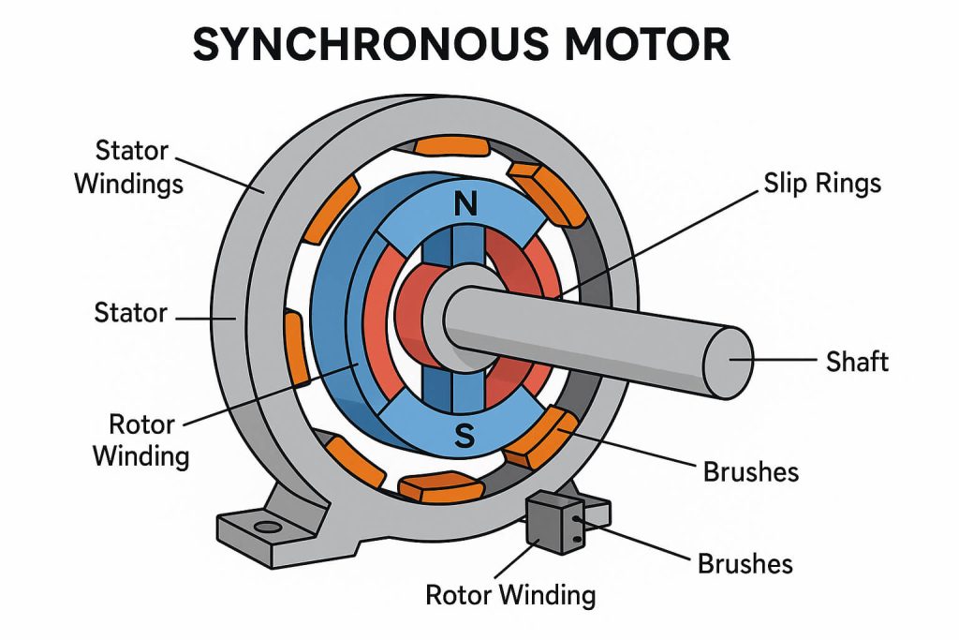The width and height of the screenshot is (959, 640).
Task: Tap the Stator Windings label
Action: click(129, 167)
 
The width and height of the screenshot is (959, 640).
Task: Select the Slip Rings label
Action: click(822, 183)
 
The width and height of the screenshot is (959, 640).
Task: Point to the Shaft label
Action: click(857, 361)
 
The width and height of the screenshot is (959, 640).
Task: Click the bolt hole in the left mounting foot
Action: click(269, 528)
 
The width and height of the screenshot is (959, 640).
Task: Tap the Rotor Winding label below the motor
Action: click(510, 594)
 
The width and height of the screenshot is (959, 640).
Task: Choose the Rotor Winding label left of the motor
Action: click(149, 439)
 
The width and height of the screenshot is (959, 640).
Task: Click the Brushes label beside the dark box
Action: click(745, 563)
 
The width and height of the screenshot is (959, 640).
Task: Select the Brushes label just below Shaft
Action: click(751, 470)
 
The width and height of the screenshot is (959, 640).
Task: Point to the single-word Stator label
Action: click(130, 311)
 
